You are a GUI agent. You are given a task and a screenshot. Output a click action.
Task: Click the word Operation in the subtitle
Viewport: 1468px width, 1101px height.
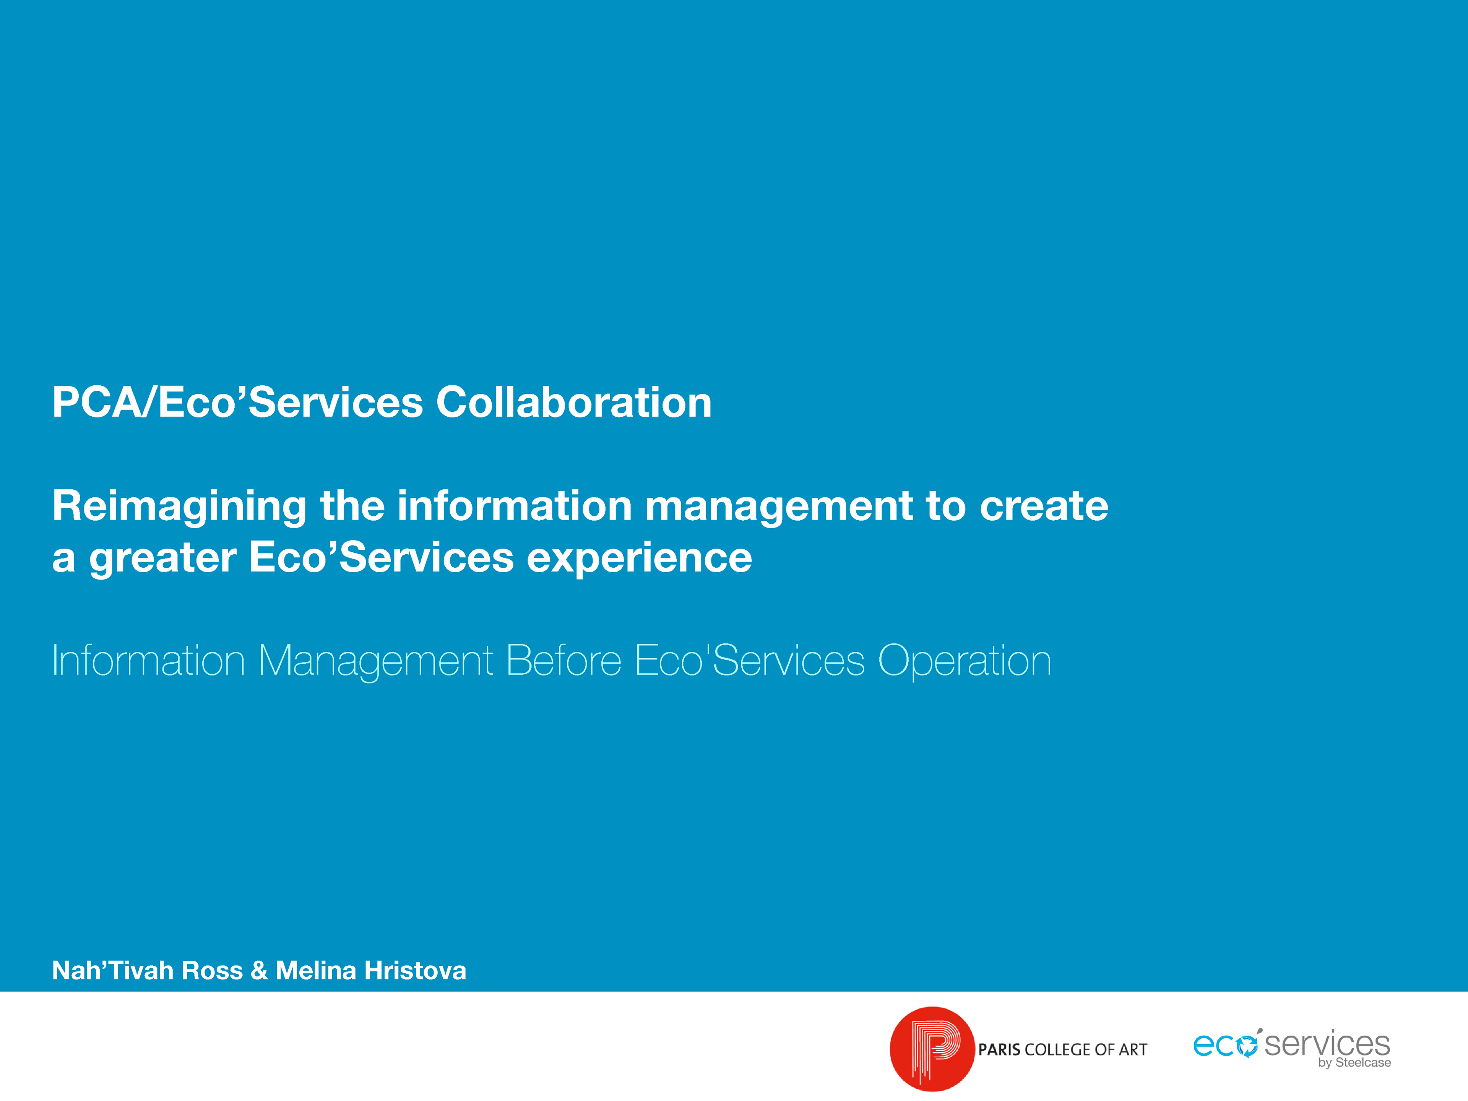[964, 661]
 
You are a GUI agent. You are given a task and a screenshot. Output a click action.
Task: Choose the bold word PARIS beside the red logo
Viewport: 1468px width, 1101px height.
[999, 1049]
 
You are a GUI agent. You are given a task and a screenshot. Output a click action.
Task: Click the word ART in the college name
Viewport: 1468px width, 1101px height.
[1133, 1049]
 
